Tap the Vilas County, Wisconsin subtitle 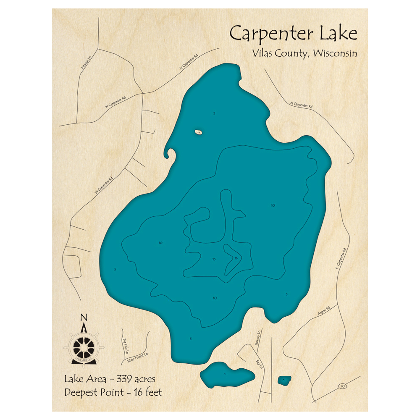point(305,54)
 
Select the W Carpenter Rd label point(103,186)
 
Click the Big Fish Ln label point(125,345)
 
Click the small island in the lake point(199,132)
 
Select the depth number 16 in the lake point(236,258)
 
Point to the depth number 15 point(214,259)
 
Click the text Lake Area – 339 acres point(110,379)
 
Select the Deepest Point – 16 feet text point(113,393)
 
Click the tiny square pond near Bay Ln point(284,381)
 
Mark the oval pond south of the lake point(227,374)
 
